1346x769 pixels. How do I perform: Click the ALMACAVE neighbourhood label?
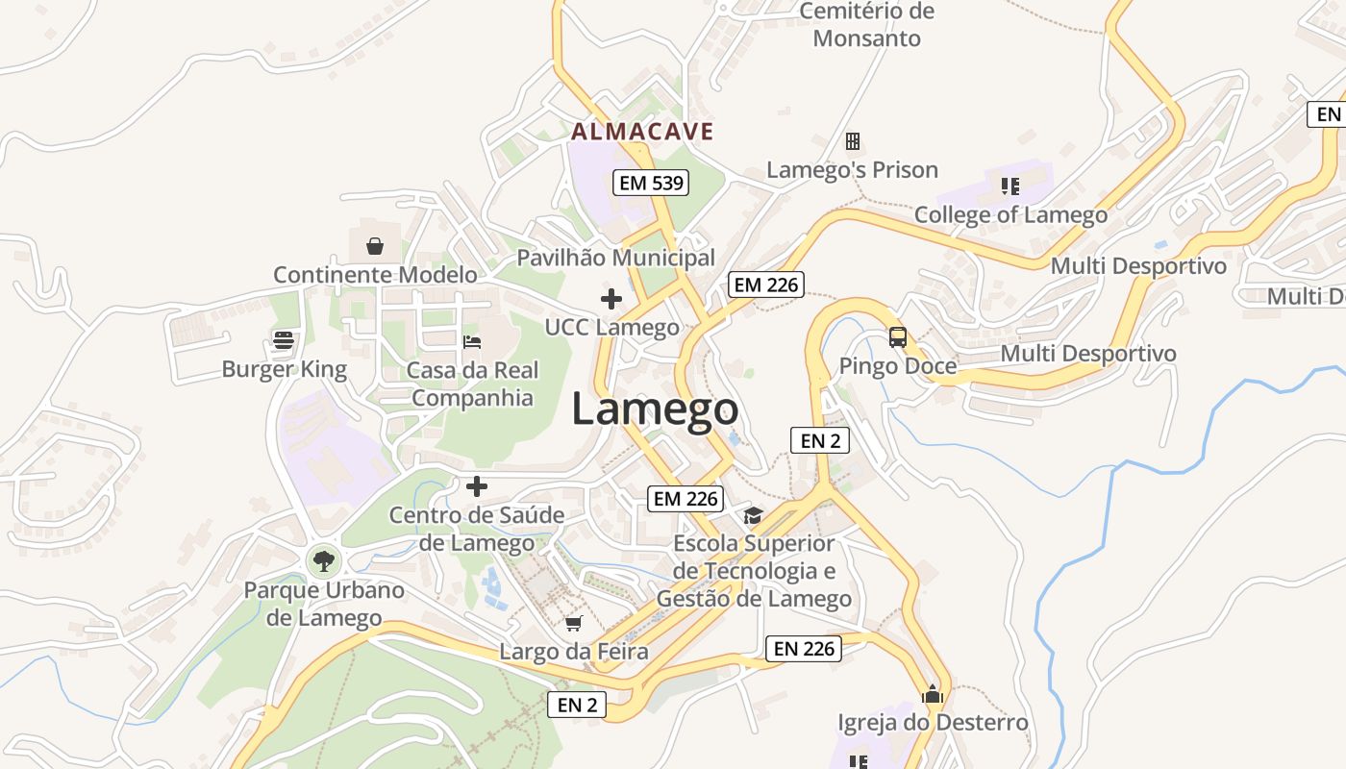642,131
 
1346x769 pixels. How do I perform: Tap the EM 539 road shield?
652,182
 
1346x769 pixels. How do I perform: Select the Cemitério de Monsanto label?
867,25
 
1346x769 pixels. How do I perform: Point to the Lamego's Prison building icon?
852,141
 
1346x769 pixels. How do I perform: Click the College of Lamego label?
1010,214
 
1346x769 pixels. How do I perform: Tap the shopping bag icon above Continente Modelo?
375,246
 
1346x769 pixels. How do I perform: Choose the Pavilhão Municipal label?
616,258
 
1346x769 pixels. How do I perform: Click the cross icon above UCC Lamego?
611,299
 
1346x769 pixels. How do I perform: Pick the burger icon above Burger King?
283,339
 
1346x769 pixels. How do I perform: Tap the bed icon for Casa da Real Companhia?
471,341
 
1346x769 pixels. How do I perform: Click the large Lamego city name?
655,409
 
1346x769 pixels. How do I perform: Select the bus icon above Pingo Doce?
897,337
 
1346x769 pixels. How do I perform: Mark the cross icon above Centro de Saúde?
476,486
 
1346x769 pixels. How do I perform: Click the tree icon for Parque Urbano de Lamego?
324,559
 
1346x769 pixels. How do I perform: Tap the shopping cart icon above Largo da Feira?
574,623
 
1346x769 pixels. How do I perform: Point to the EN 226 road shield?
804,648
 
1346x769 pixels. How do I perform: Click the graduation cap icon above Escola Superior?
753,516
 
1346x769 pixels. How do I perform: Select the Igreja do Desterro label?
933,722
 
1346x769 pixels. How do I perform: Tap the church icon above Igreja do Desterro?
932,694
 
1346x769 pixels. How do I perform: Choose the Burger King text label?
284,369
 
